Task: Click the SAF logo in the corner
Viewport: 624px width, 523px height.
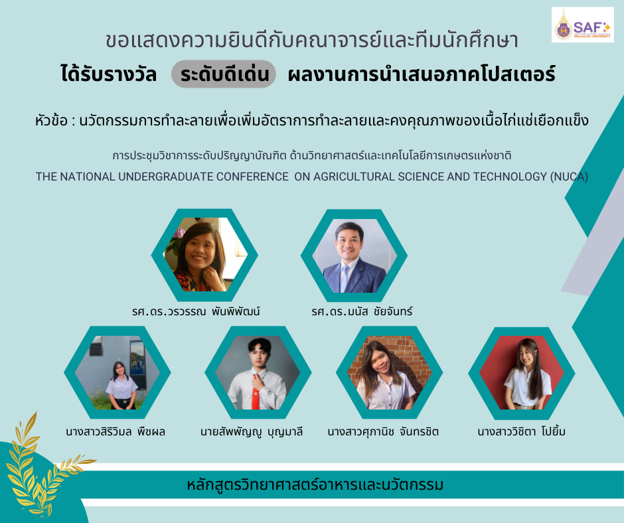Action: (582, 25)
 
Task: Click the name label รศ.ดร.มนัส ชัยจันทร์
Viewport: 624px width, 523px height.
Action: (361, 311)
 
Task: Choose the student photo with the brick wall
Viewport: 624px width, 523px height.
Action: (384, 372)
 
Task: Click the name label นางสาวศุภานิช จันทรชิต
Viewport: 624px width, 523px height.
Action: (383, 432)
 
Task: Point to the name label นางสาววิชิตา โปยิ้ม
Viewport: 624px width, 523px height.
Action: (521, 432)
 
